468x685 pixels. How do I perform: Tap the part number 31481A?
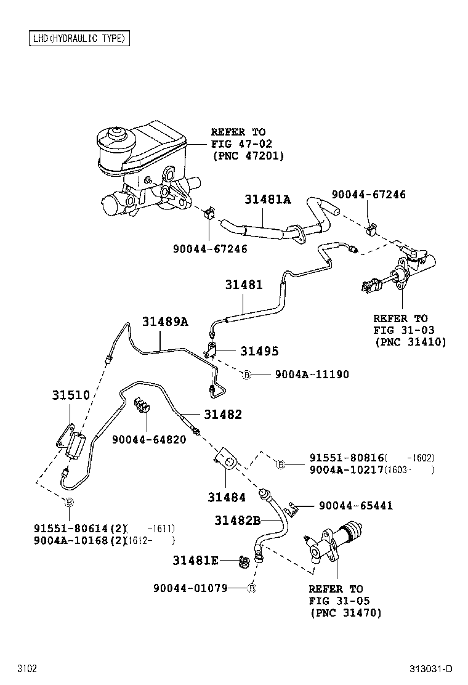click(x=267, y=200)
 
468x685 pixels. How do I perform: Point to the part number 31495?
click(x=259, y=351)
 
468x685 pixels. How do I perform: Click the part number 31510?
click(x=70, y=395)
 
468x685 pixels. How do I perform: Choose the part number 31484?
click(x=226, y=497)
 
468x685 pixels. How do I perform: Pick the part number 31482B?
click(x=238, y=521)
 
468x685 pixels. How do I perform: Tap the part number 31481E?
click(x=195, y=561)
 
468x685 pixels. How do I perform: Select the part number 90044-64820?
click(x=149, y=439)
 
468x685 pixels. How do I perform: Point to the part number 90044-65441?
click(x=356, y=506)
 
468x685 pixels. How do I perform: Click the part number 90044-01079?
click(x=190, y=588)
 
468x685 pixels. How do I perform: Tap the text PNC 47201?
click(x=248, y=156)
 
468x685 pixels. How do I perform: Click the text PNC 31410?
click(x=409, y=342)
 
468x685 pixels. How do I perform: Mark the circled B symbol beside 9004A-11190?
click(x=246, y=375)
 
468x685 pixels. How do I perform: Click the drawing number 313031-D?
click(x=431, y=669)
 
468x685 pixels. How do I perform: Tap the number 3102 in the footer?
click(x=27, y=669)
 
